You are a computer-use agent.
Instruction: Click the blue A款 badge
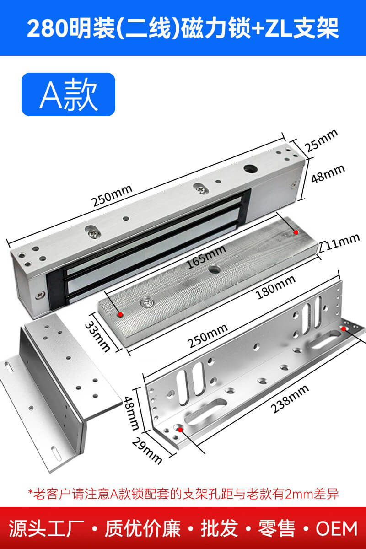[x=68, y=94]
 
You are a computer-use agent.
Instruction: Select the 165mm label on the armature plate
[x=206, y=257]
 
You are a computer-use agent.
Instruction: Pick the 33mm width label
[x=97, y=336]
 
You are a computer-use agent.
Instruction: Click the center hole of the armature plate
[x=214, y=269]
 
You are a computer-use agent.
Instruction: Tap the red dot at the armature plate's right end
[x=296, y=232]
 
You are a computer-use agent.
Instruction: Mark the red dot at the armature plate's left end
[x=120, y=314]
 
